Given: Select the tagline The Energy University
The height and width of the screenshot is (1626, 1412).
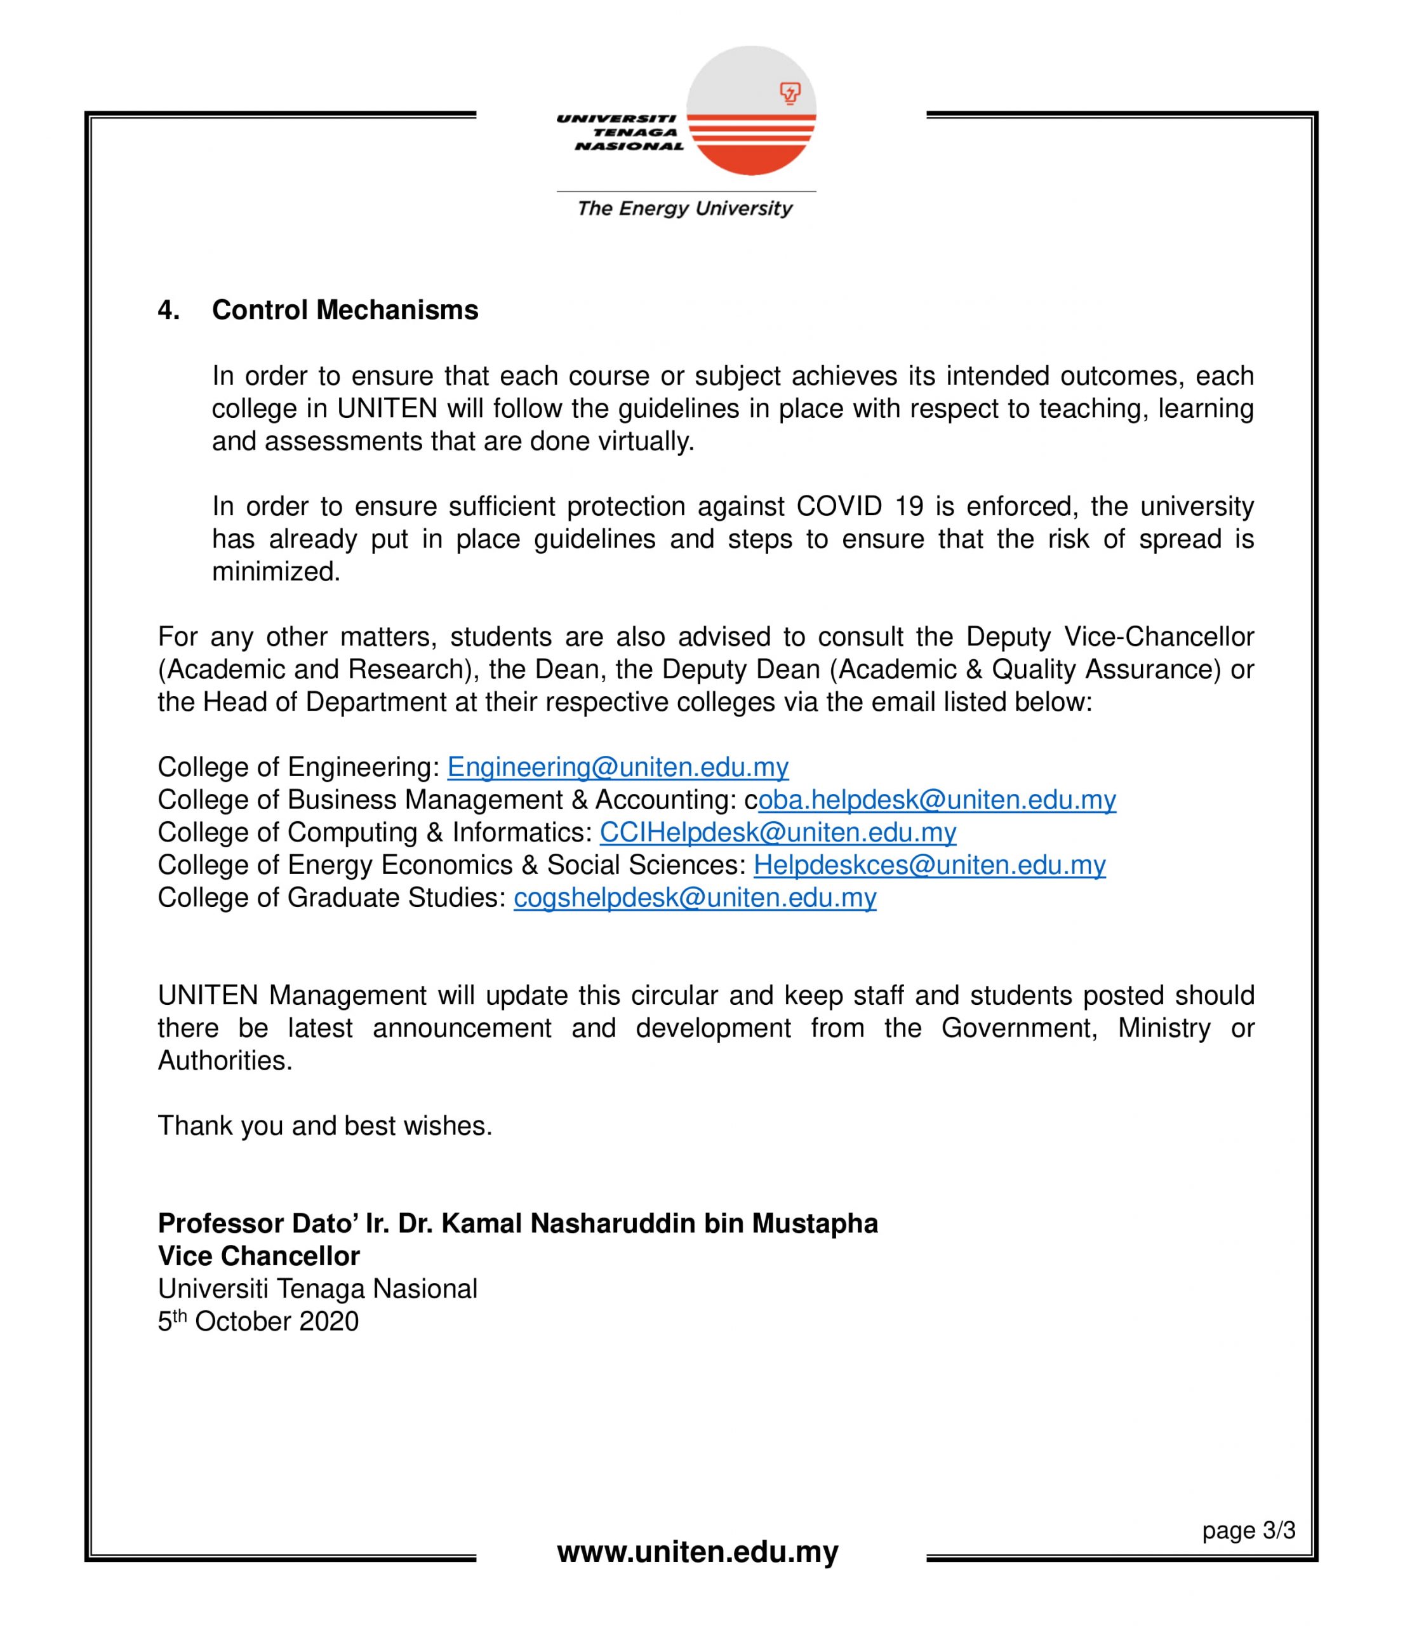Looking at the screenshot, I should click(684, 209).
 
